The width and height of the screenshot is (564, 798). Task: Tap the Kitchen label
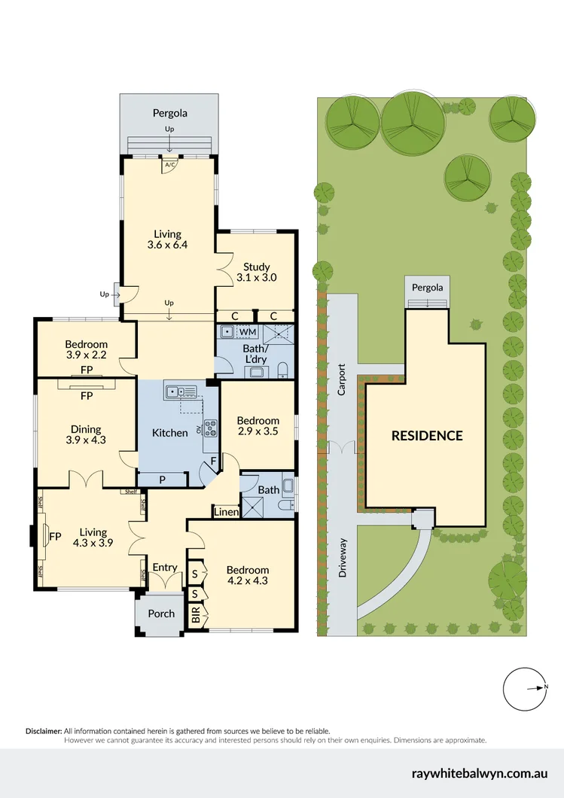tap(170, 433)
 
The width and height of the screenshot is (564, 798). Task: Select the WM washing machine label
tap(248, 332)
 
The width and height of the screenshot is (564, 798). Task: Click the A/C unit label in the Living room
tap(169, 164)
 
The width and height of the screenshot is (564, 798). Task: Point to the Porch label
tap(161, 614)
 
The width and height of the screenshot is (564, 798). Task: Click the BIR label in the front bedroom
tap(197, 619)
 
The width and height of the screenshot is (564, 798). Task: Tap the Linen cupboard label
tap(226, 513)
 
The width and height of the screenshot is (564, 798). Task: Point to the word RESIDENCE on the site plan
tap(427, 436)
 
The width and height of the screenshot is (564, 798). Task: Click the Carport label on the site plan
tap(342, 381)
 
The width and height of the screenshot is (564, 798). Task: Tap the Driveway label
tap(342, 558)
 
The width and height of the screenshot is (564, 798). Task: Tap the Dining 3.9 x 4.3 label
tap(87, 434)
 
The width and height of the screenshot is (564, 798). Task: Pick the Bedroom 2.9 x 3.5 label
tap(258, 427)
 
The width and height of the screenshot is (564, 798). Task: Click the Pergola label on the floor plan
tap(169, 114)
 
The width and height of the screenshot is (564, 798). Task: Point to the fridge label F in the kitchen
tap(213, 461)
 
